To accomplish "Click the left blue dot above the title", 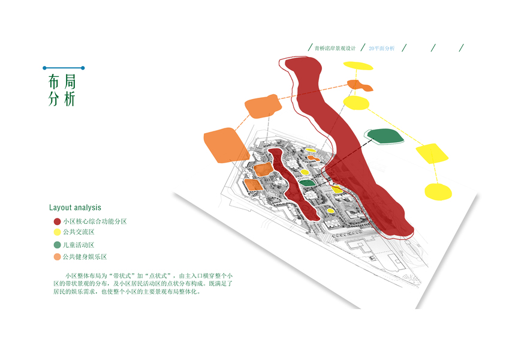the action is coord(44,68).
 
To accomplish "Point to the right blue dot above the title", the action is coord(83,68).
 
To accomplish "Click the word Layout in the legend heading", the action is coord(61,208).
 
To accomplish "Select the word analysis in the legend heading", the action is coord(88,208).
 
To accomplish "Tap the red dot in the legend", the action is coord(57,221).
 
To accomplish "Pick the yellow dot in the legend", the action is coord(57,232).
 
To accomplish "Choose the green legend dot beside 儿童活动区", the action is coord(57,245).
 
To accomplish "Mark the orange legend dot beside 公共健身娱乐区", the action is coord(57,257).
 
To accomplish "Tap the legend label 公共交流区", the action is coord(79,232).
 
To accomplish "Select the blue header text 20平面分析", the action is coord(382,48).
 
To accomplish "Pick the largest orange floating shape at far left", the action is coord(224,145).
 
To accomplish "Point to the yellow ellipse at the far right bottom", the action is coord(438,191).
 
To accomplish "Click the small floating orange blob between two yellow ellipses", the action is coord(359,86).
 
